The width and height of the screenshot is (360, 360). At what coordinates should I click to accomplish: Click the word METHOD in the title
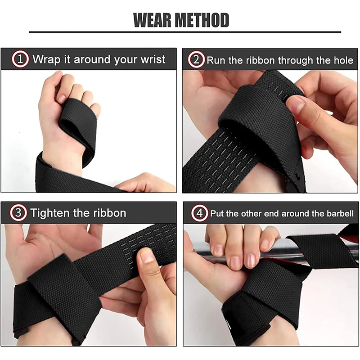202,20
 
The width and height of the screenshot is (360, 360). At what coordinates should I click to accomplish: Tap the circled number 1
20,59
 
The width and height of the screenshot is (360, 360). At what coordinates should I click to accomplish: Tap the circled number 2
197,60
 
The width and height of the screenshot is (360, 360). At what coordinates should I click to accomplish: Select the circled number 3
19,213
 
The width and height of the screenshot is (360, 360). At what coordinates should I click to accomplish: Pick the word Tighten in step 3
49,213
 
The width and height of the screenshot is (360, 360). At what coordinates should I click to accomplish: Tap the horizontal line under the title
185,32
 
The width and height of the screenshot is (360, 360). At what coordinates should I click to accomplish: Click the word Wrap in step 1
45,59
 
